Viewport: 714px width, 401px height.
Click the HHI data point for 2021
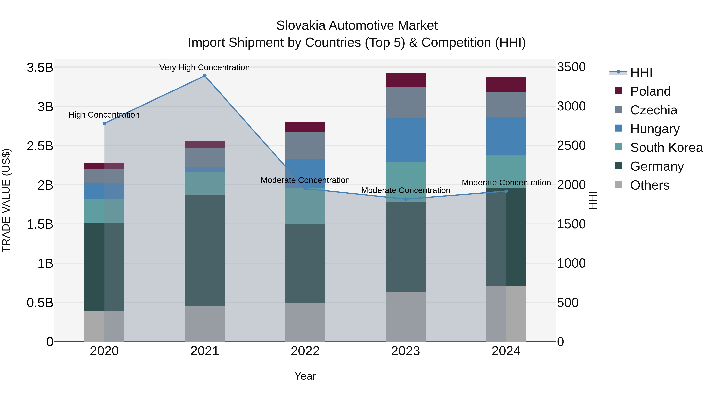pos(204,76)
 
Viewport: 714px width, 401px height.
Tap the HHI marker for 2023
pos(406,199)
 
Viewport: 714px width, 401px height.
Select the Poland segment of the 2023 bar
pos(406,80)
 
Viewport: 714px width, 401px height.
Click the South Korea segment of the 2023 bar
pos(406,180)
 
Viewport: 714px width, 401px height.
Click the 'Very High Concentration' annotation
pos(204,67)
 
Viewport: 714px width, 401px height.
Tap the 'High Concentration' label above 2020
pos(104,115)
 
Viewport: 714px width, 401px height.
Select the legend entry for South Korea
pos(666,148)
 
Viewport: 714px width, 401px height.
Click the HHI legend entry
pos(641,72)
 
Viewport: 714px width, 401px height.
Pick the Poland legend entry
pos(650,91)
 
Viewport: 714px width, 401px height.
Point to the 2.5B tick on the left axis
pos(40,146)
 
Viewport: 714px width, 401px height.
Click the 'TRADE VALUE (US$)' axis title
pos(6,200)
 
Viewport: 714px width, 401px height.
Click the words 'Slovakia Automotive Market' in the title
pos(357,26)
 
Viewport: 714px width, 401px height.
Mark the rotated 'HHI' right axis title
pos(593,200)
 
